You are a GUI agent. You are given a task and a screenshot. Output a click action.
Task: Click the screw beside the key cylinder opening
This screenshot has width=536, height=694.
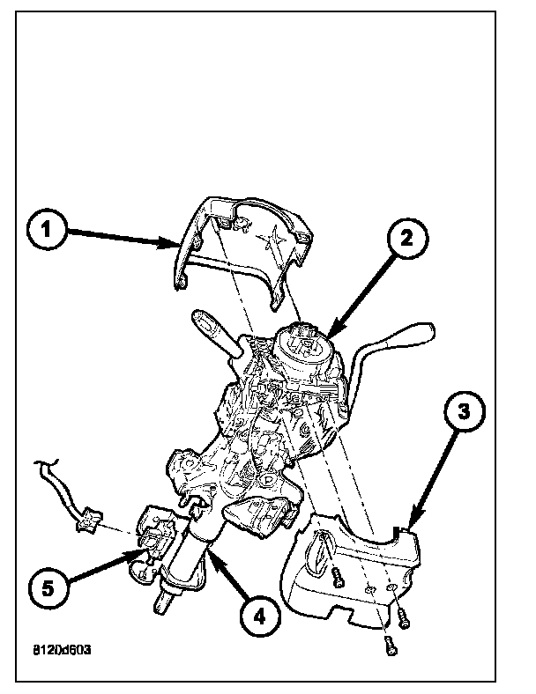tap(338, 578)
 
